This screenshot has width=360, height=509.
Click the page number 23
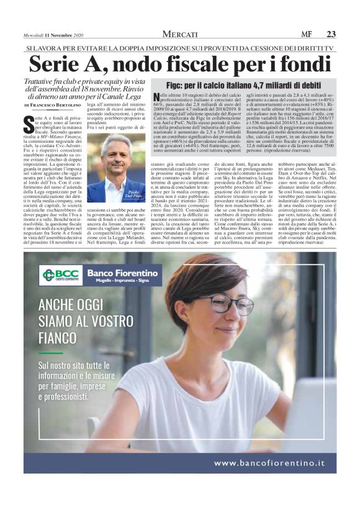331,34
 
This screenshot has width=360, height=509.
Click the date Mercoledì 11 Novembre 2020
53,34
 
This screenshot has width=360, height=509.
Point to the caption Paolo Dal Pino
135,195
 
